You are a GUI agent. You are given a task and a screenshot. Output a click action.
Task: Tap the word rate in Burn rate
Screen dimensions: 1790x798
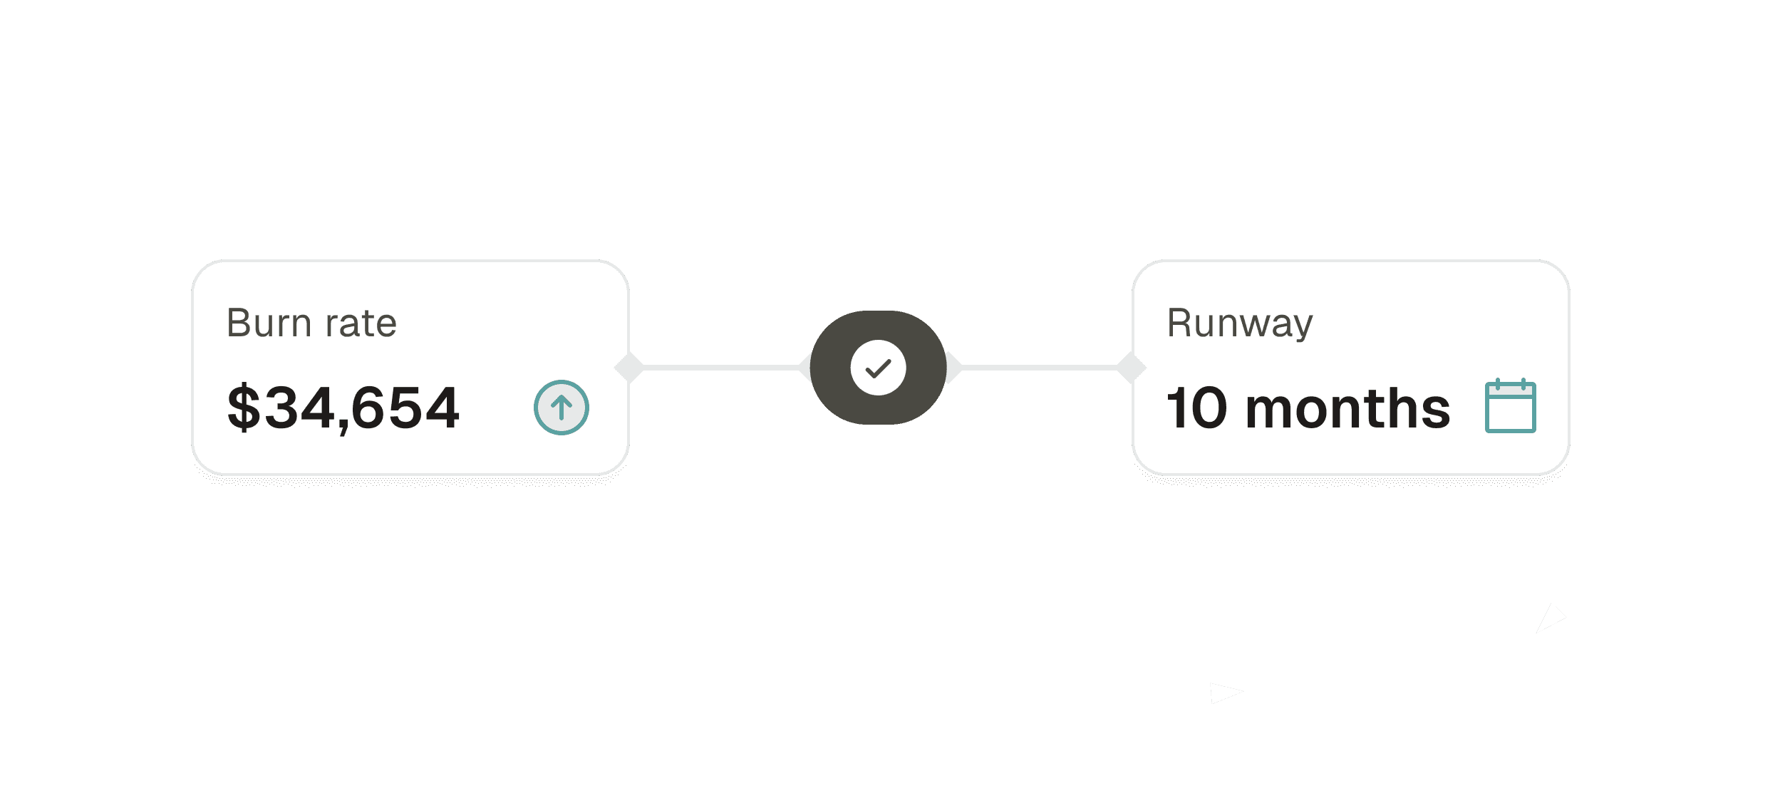click(361, 323)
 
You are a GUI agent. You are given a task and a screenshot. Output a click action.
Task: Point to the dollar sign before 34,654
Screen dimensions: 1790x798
click(244, 408)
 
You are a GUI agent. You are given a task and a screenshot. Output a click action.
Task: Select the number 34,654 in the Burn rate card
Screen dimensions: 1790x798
click(362, 408)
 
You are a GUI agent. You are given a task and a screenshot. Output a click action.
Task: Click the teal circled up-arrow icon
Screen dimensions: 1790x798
click(562, 408)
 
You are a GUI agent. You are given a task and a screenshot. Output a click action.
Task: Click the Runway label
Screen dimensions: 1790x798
click(1240, 323)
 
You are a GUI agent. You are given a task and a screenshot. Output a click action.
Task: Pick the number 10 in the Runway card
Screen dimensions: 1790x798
click(1197, 409)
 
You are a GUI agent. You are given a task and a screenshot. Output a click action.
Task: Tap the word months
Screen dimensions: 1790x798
click(1348, 409)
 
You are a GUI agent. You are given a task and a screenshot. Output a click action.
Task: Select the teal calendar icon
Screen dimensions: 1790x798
click(1511, 408)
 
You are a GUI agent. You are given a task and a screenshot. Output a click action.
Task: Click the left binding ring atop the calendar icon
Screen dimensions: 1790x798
click(1498, 385)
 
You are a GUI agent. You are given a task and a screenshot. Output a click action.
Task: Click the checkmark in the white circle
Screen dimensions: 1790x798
click(878, 368)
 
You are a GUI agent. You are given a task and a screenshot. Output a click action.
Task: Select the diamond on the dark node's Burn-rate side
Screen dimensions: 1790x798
click(805, 368)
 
